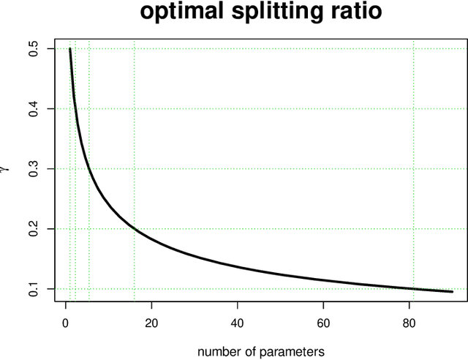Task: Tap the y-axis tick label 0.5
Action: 32,49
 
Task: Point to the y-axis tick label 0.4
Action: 32,109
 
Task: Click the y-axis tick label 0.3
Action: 32,169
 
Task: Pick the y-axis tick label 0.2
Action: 32,229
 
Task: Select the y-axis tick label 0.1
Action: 32,289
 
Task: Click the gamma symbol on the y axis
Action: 7,169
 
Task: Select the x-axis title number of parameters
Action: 261,352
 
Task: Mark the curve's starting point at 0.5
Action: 70,49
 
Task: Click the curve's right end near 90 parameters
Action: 452,291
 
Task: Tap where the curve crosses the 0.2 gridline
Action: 135,229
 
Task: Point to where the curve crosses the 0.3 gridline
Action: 89,169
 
